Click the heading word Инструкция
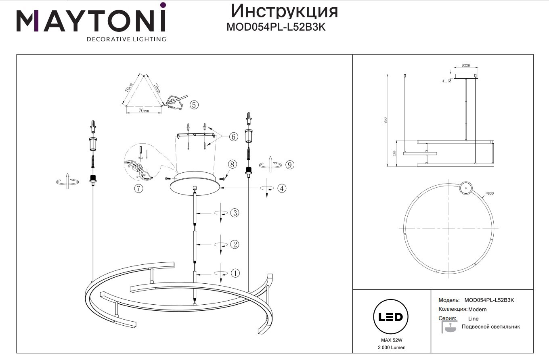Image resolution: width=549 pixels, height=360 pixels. coord(284,11)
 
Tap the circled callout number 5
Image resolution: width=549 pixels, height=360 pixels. coord(194,105)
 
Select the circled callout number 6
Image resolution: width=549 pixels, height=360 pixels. coord(233,137)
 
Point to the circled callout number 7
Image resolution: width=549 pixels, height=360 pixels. coord(139,188)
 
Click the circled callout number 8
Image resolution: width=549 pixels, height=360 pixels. coord(231,164)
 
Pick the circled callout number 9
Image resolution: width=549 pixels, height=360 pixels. coord(289,164)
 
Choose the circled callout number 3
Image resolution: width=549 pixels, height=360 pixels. coord(235,213)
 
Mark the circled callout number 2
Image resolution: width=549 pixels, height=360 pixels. coord(235,244)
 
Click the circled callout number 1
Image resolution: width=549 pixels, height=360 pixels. coord(235,273)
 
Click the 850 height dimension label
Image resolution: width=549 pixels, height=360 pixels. coord(386,120)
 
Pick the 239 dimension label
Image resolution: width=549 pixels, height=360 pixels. coord(395,153)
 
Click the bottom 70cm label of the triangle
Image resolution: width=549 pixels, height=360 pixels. coord(144,110)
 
